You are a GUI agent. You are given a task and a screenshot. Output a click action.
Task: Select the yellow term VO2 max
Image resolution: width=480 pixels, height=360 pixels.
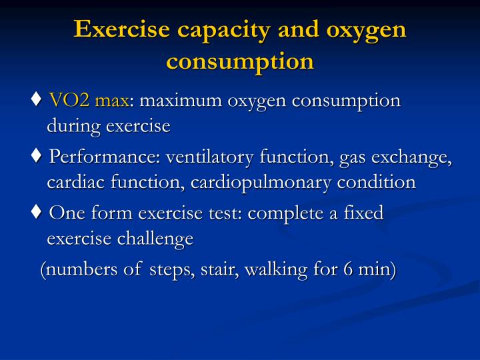[x=89, y=101]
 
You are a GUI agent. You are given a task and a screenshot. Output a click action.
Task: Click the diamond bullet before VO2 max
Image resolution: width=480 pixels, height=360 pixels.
[x=37, y=101]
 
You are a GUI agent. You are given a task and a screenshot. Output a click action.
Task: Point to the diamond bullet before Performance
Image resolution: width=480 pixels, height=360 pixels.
[x=37, y=158]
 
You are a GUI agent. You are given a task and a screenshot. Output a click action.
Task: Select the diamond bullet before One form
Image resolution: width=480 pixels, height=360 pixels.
[x=37, y=214]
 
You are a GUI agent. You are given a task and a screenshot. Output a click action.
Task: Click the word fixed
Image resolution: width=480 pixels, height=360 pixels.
[x=366, y=214]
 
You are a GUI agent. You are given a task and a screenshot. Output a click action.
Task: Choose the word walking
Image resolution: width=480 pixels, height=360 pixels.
[x=285, y=271]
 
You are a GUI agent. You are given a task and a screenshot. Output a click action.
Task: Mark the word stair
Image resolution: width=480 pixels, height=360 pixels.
[x=215, y=270]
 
